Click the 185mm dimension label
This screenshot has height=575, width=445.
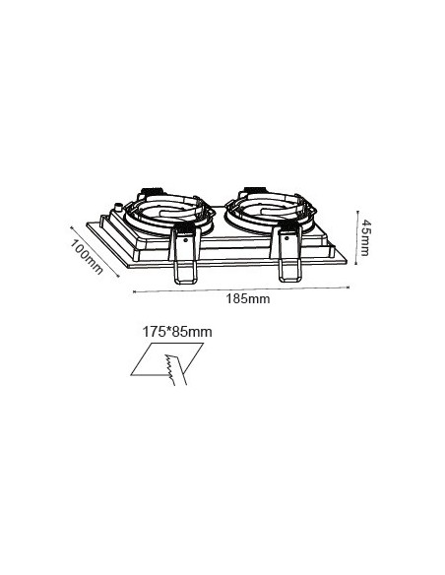point(248,299)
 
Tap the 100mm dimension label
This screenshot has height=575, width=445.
point(87,257)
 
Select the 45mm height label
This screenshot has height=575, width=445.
point(365,237)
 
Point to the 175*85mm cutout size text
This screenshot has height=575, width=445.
point(177,332)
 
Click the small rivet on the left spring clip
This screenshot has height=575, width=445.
point(185,240)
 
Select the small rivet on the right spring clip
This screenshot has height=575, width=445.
point(286,237)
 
